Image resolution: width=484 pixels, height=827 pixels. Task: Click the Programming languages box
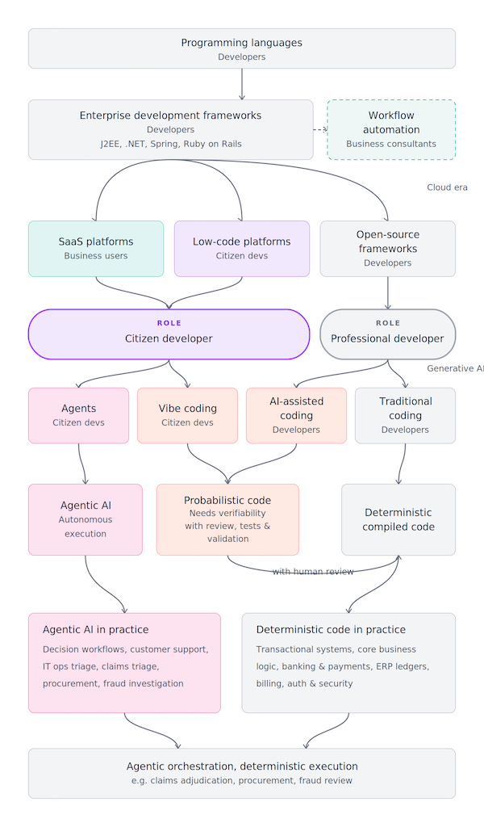click(242, 48)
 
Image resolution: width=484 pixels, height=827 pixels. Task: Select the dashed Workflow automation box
click(391, 129)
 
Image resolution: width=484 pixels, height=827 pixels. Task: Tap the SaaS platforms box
click(96, 249)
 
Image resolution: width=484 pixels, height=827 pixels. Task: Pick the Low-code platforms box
click(242, 249)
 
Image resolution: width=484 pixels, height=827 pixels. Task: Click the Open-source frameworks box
click(388, 249)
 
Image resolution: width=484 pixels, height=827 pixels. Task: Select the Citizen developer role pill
click(169, 334)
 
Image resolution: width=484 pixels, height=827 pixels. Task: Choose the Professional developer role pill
click(388, 334)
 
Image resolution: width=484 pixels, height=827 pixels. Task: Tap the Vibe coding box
click(187, 416)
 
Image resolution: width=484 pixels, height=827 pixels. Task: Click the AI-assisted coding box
click(297, 416)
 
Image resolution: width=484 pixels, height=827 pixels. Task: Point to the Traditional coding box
click(406, 416)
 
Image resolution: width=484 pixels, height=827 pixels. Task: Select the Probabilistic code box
click(227, 519)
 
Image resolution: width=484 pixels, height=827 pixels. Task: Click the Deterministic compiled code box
click(398, 519)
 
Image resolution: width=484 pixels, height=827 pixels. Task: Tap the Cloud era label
click(447, 187)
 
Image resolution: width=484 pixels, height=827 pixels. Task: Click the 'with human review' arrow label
click(313, 572)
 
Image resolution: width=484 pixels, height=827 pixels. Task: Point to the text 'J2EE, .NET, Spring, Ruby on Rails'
click(171, 144)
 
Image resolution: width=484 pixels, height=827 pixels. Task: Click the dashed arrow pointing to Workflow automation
click(320, 129)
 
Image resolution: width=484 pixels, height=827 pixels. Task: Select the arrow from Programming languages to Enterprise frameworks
click(242, 84)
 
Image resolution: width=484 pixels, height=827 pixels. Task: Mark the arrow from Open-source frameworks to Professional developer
click(388, 292)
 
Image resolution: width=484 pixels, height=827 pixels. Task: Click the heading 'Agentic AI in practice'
click(96, 630)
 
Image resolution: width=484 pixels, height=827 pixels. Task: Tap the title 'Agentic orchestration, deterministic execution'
click(242, 766)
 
